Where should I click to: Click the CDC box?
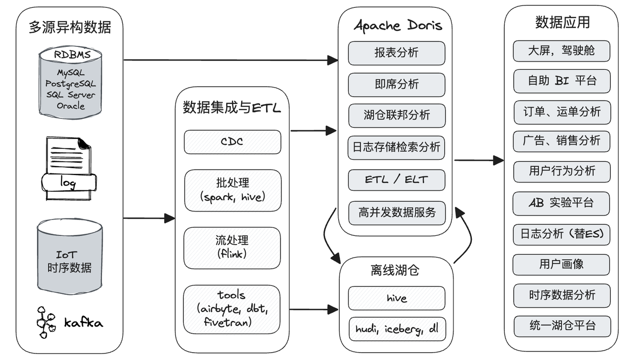tap(232, 142)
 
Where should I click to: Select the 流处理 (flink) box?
tap(232, 248)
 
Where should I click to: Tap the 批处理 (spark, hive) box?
tap(233, 190)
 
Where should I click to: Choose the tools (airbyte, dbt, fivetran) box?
tap(232, 309)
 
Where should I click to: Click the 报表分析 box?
tap(397, 53)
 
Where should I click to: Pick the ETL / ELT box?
tap(397, 180)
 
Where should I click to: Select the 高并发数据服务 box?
tap(397, 213)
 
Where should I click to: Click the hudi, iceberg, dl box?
tap(397, 329)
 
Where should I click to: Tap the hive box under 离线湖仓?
tap(397, 298)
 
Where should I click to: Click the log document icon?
tap(69, 169)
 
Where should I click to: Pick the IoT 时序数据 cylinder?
tap(70, 256)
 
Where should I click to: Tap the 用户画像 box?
tap(561, 265)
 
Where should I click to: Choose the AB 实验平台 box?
tap(561, 203)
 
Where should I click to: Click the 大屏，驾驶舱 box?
tap(561, 51)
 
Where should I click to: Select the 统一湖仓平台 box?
tap(562, 326)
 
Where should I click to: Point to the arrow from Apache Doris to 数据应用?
tap(479, 160)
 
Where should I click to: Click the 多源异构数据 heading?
tap(70, 27)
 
